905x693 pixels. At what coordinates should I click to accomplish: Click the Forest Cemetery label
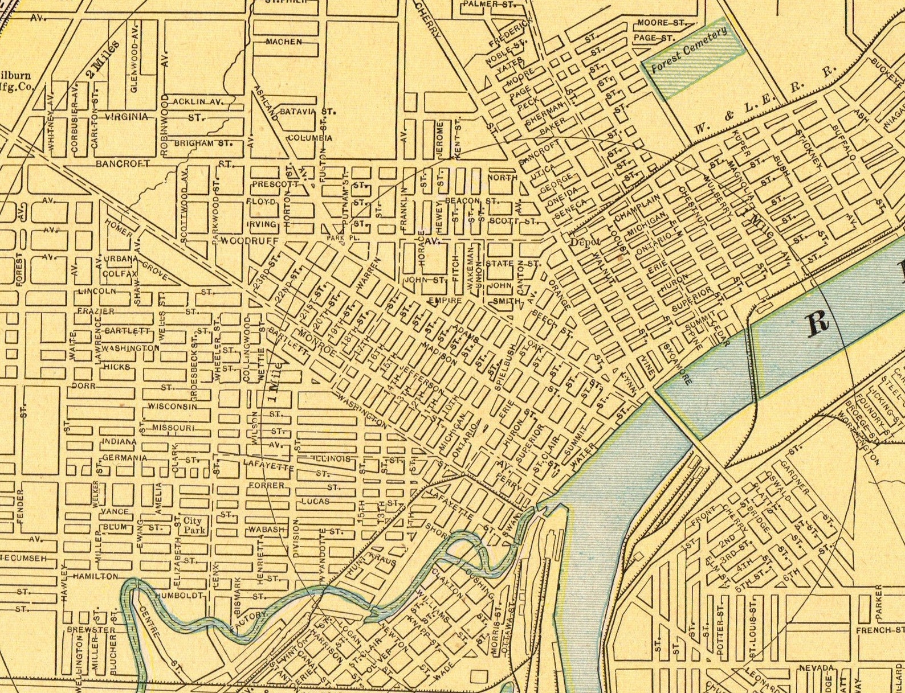[x=689, y=50]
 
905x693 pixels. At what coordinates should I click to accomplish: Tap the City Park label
[x=192, y=525]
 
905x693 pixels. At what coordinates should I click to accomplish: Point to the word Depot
[x=585, y=241]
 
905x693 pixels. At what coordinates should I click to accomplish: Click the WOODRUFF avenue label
[x=250, y=241]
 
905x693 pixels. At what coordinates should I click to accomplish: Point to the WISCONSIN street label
[x=172, y=406]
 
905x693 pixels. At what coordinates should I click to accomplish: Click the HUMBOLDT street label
[x=178, y=595]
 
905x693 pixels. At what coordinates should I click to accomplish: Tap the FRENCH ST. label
[x=879, y=630]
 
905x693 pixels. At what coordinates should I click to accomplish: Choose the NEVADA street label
[x=816, y=667]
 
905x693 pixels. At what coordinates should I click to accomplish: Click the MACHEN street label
[x=283, y=42]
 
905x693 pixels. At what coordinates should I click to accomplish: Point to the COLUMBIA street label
[x=309, y=138]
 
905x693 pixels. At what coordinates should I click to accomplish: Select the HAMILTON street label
[x=95, y=576]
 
